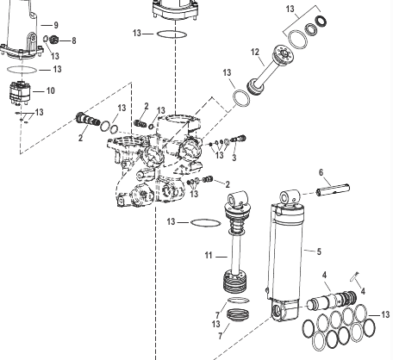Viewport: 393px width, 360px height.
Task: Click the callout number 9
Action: coord(56,25)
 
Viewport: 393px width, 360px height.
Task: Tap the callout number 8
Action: coord(74,40)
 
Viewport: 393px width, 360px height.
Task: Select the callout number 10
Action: coord(51,90)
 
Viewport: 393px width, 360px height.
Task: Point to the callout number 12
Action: coord(255,53)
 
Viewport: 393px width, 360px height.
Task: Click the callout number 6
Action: coord(321,172)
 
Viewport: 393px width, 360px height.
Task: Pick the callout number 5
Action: coord(319,251)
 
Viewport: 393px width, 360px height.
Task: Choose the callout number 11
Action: coord(209,255)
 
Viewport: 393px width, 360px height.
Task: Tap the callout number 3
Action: coord(234,158)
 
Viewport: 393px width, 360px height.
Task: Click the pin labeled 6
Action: coord(333,190)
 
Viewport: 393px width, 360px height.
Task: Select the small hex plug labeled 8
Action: coord(53,40)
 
